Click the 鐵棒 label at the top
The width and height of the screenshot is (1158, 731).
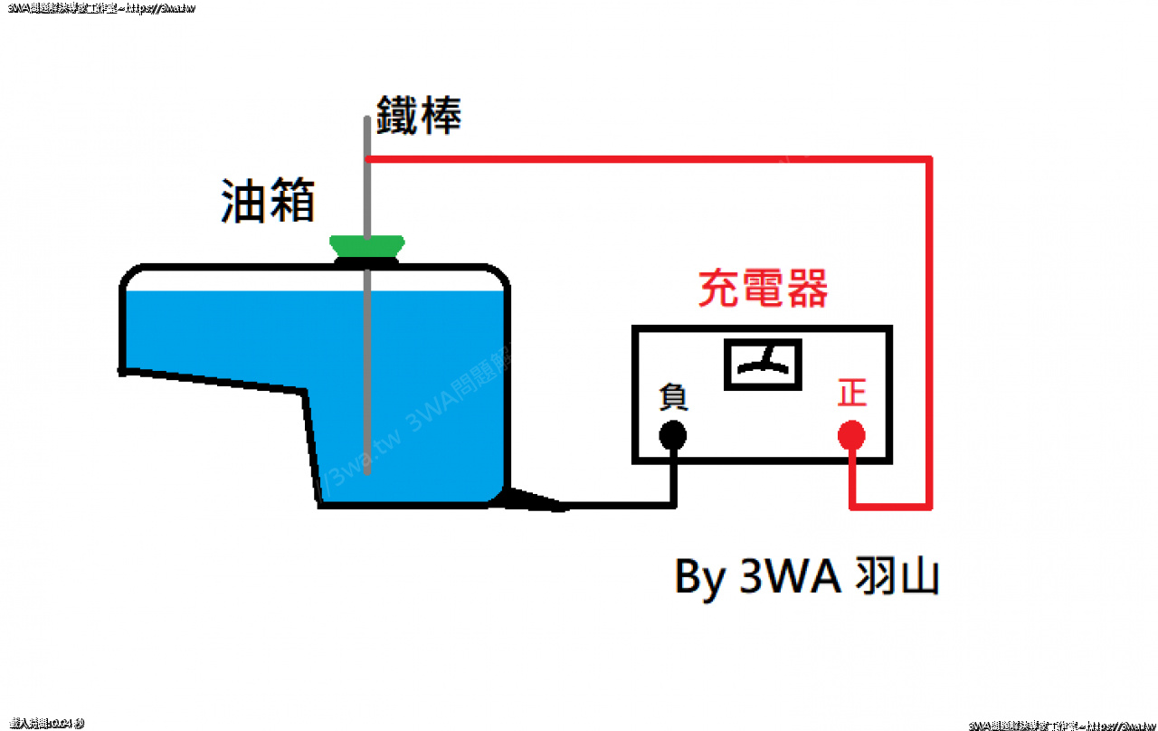(419, 116)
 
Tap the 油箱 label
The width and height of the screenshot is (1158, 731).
(268, 201)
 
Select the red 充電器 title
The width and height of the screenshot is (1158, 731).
(763, 290)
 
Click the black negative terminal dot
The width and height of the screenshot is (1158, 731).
(672, 436)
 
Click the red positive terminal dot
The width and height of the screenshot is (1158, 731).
(851, 436)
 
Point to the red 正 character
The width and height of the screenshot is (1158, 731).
(851, 394)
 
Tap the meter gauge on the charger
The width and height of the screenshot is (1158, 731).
(764, 365)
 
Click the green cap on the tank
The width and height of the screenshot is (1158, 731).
(366, 245)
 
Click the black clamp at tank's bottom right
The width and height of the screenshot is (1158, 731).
(534, 500)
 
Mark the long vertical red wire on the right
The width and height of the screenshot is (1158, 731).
(928, 335)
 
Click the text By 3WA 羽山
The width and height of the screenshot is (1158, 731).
(806, 576)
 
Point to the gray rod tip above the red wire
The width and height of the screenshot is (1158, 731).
(366, 136)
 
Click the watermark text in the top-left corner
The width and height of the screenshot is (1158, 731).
(100, 8)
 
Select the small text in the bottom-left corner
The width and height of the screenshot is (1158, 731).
(46, 723)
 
